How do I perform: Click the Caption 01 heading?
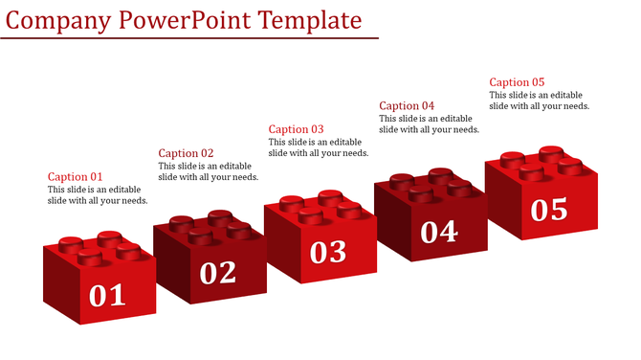(75, 177)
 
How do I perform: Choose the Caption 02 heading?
(186, 153)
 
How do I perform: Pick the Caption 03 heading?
(296, 129)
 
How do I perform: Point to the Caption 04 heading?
(407, 106)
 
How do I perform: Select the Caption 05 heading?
(517, 82)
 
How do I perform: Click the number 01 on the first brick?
(107, 295)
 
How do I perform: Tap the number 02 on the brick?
(218, 273)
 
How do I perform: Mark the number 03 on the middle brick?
(328, 251)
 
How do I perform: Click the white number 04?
(439, 231)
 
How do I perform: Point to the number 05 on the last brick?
(549, 209)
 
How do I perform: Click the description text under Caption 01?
(98, 195)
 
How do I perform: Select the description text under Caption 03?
(319, 147)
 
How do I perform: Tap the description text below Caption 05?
(539, 101)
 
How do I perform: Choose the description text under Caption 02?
(208, 171)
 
